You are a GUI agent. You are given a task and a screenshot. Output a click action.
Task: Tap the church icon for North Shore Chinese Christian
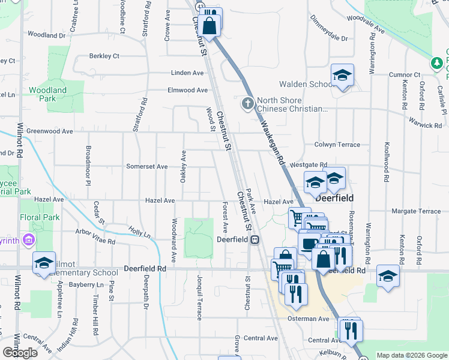coord(247,104)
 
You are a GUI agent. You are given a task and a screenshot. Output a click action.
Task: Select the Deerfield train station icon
coord(255,239)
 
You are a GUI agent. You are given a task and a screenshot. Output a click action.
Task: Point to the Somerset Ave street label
coord(146,166)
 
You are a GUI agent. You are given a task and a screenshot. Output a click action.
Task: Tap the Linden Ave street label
coord(188,73)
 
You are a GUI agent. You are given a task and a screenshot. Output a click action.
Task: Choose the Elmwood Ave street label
coord(188,90)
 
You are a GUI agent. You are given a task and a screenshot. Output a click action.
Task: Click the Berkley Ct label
coord(104,56)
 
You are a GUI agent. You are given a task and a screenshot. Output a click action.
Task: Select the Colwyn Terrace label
coord(337,145)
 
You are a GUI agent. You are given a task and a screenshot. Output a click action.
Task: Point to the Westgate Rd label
coord(309,164)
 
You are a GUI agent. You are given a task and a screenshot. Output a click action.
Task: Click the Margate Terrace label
coord(416,211)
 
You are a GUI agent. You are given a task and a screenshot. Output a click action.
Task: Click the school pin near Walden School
coord(342,76)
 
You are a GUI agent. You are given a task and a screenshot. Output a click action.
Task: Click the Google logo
coord(20,353)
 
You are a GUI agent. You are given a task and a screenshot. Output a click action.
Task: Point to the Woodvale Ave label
coord(365,23)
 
